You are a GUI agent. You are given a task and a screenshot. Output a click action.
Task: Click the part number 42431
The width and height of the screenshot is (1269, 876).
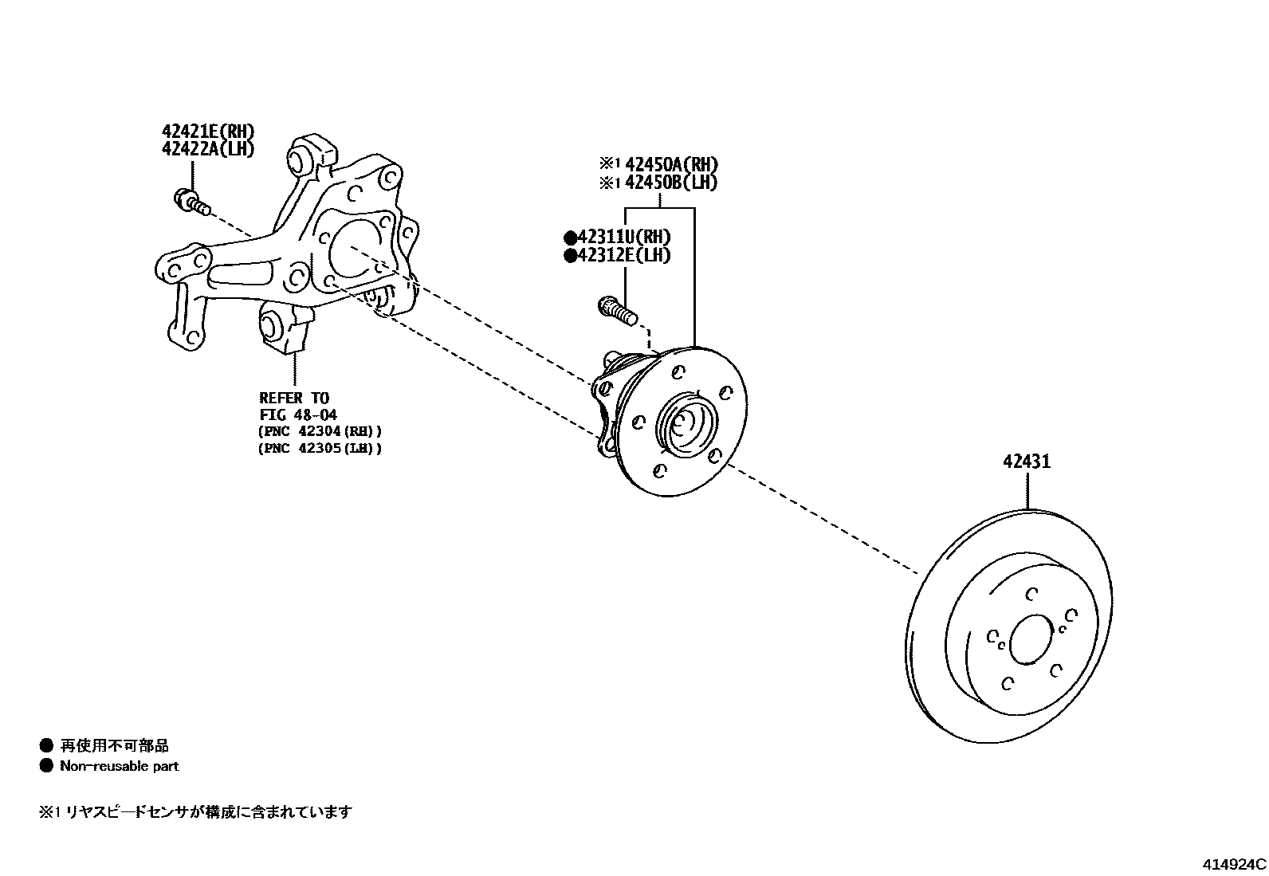[x=1027, y=462]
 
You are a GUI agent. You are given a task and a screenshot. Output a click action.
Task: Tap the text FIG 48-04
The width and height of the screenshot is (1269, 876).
[x=298, y=414]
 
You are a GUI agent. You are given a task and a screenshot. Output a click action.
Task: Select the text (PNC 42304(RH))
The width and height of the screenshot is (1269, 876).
[x=320, y=431]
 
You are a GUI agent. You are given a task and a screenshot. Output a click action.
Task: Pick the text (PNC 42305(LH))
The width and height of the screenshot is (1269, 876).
[x=320, y=449]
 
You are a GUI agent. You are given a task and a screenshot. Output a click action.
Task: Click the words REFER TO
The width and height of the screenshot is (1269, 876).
[x=294, y=398]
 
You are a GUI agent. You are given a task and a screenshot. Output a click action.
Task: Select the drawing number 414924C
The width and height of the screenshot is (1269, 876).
[x=1234, y=864]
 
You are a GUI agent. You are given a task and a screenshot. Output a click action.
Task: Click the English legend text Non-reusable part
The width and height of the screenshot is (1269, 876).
[x=120, y=766]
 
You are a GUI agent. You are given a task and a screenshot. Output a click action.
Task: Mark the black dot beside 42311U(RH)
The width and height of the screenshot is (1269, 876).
[x=570, y=238]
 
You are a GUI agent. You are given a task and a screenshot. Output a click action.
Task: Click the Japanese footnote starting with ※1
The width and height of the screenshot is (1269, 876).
[x=195, y=812]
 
